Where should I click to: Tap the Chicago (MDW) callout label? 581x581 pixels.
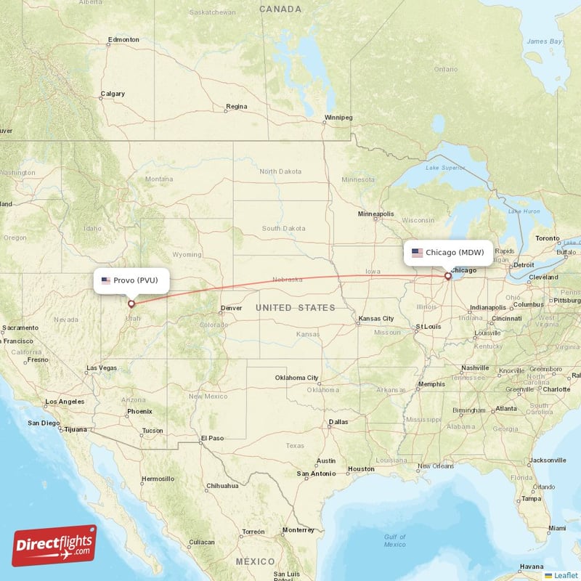[x=448, y=253]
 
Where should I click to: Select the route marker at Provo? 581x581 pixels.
[x=131, y=304]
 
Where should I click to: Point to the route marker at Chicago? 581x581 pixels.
[x=448, y=276]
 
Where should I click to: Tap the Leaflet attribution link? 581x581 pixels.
[x=565, y=575]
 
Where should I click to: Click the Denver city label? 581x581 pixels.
[x=231, y=308]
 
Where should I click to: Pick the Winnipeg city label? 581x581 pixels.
[x=338, y=118]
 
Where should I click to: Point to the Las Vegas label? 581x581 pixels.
[x=101, y=368]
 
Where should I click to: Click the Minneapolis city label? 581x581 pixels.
[x=375, y=214]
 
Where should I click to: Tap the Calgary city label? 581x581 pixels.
[x=113, y=94]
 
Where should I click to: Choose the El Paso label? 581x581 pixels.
[x=213, y=438]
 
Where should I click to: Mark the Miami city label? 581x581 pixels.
[x=558, y=528]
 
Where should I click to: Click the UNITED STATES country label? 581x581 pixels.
[x=295, y=308]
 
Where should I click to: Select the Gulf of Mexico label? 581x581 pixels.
[x=395, y=540]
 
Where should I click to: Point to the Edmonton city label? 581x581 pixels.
[x=123, y=39]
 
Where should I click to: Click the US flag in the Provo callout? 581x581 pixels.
[x=106, y=280]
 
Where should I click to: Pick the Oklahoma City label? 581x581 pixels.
[x=296, y=378]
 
